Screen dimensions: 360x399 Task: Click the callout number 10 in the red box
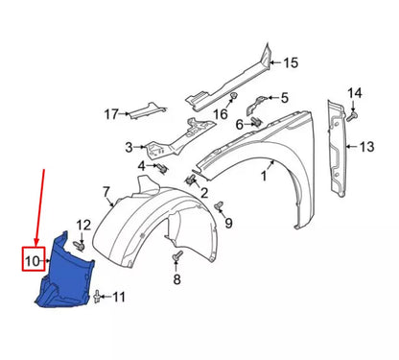[x=31, y=258]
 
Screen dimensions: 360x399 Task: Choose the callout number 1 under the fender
[x=263, y=176]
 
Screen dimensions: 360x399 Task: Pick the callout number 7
[x=106, y=192]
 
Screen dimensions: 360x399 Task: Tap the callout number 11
[x=119, y=298]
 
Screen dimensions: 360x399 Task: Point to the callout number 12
[x=83, y=226]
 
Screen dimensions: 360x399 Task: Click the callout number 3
[x=128, y=147]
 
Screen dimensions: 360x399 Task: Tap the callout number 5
[x=284, y=97]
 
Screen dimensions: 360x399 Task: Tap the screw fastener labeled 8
[x=176, y=257]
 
